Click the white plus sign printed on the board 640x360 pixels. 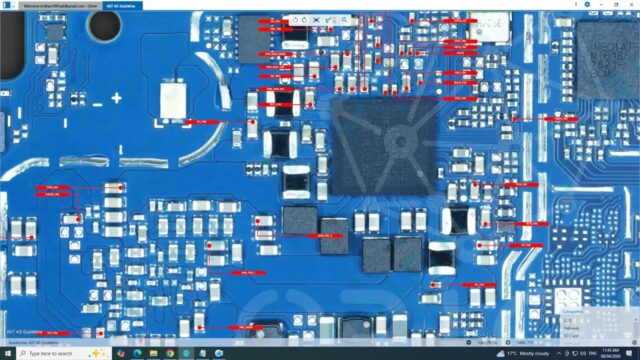117,98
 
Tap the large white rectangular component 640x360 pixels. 174,98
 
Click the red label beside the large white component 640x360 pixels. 206,120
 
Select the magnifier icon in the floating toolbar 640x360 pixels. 300,20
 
